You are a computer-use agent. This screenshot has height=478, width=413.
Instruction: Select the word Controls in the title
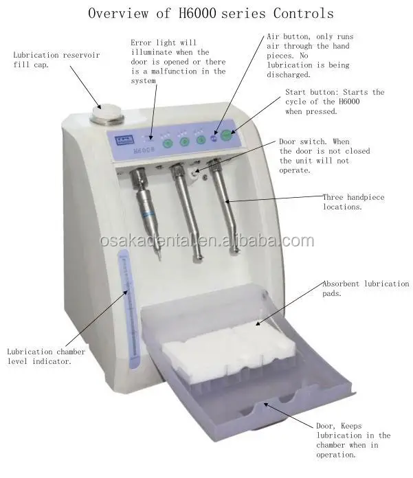[x=302, y=14]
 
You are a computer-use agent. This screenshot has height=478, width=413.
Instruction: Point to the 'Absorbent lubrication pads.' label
[x=365, y=288]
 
